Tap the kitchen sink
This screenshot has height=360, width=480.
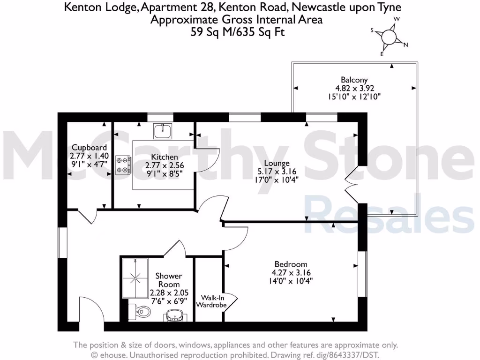164,130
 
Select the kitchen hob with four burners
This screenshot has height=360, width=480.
123,165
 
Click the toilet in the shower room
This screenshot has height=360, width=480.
141,311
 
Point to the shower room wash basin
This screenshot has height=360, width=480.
175,317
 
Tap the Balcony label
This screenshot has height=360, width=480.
354,80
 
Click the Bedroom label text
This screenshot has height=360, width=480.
291,264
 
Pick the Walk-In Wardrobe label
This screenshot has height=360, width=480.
214,301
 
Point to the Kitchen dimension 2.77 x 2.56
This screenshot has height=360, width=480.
164,165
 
